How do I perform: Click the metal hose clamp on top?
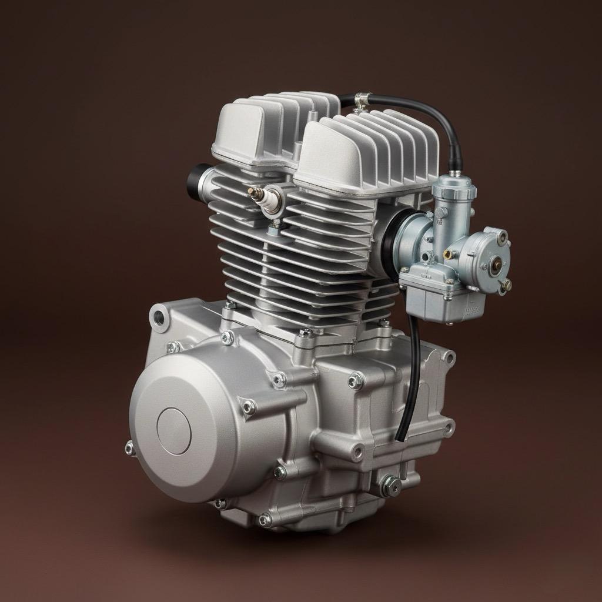(x=360, y=101)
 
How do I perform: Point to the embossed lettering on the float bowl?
(x=472, y=309)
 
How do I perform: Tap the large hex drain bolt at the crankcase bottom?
(x=390, y=485)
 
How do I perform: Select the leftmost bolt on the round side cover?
(x=130, y=449)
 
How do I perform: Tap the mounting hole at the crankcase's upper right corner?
(x=449, y=357)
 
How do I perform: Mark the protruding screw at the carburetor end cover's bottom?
(x=506, y=285)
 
